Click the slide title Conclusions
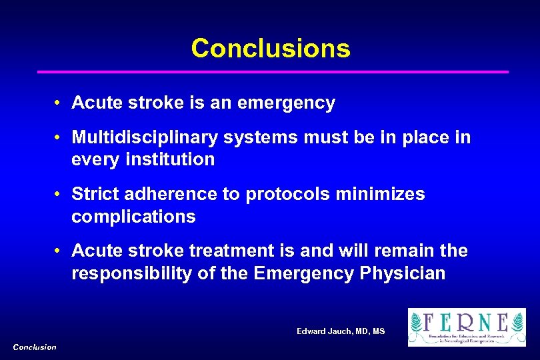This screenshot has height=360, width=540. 270,48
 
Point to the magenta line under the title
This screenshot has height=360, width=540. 272,71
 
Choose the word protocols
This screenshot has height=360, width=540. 287,195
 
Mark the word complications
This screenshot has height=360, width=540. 133,217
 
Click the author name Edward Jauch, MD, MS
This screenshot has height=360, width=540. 341,331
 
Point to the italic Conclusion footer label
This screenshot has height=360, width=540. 35,347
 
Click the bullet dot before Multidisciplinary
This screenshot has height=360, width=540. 59,138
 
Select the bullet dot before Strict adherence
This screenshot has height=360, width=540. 59,195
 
